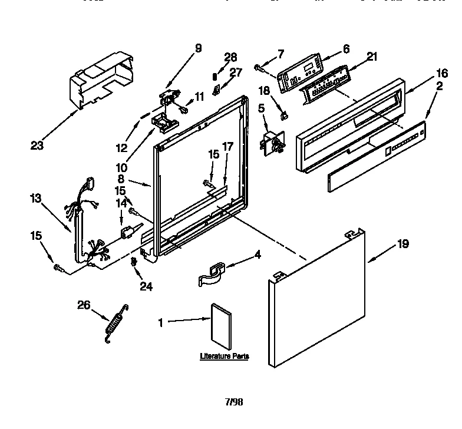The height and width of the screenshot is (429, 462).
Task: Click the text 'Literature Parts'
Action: (x=223, y=357)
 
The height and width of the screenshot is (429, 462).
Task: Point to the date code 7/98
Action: (x=234, y=402)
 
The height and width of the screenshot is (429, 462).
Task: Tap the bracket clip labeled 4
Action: (x=211, y=275)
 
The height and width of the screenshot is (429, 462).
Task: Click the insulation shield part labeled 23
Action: (x=100, y=80)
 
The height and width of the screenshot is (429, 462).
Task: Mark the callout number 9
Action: (x=198, y=49)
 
